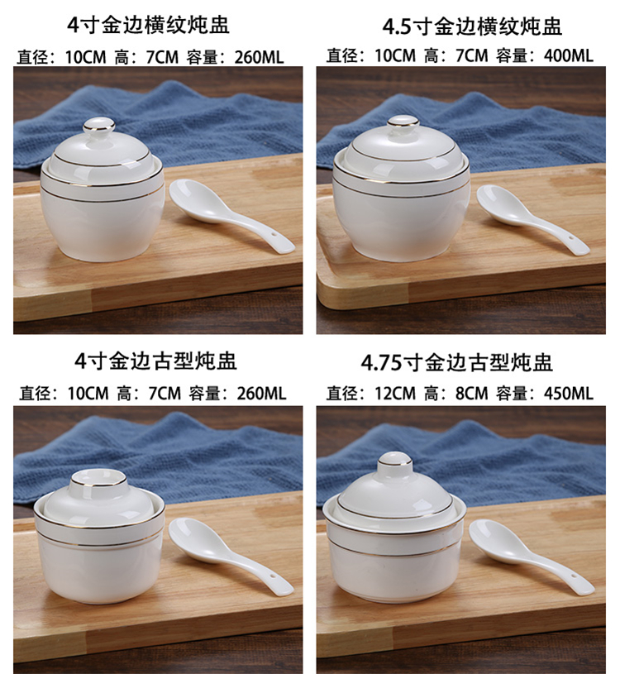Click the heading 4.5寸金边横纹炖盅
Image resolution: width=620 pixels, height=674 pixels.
472,26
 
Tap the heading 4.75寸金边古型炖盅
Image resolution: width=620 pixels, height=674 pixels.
456,363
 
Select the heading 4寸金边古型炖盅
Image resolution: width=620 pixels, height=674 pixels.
156,361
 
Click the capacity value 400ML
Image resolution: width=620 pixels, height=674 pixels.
568,56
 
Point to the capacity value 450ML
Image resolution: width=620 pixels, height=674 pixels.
568,394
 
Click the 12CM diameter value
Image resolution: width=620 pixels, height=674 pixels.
395,394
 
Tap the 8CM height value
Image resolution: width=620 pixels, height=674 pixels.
471,394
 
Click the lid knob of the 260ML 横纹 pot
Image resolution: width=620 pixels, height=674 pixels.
99,128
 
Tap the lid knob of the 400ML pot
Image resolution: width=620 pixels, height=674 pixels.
403,125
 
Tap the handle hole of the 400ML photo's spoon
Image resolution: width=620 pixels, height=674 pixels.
571,238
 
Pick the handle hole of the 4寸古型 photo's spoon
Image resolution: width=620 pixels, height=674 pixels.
271,576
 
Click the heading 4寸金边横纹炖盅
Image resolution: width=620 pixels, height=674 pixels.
148,25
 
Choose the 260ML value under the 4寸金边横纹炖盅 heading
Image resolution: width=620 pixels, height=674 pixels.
259,57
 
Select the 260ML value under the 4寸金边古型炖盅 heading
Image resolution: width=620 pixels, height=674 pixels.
261,394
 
